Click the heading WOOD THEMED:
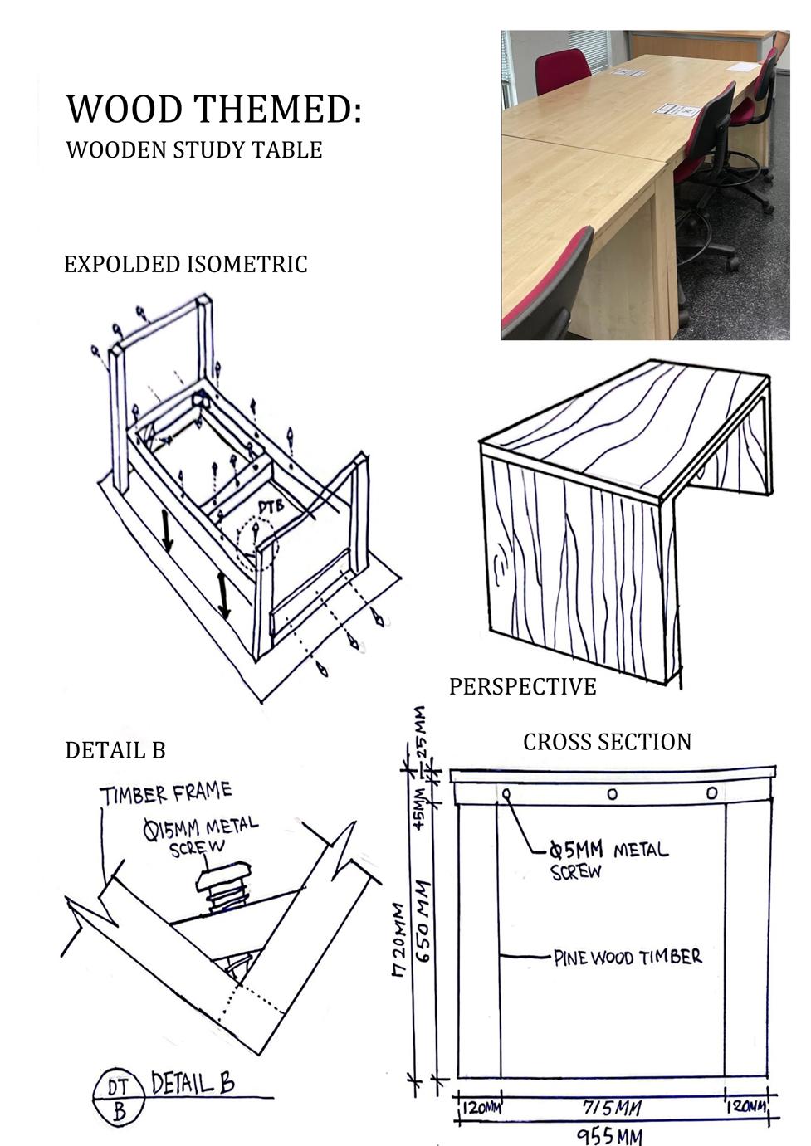coord(214,109)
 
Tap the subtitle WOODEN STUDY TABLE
coord(193,150)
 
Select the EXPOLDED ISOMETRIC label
coord(185,265)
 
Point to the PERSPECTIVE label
coord(522,686)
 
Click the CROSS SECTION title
coord(607,742)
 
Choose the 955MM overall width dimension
coord(609,1135)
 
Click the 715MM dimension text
coord(612,1108)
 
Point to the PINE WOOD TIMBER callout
coord(628,958)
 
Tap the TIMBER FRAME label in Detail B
coord(166,794)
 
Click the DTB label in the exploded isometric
coord(271,505)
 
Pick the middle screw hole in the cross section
coord(612,794)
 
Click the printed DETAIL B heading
coord(115,750)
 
